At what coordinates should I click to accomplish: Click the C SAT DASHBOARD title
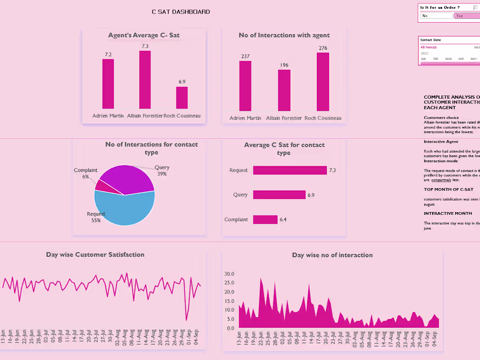tap(181, 12)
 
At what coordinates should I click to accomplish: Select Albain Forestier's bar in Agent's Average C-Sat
tap(145, 80)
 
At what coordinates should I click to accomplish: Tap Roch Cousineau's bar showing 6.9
tap(182, 98)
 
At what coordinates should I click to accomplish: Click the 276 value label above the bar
tap(323, 48)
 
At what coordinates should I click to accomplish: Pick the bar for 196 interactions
tap(284, 90)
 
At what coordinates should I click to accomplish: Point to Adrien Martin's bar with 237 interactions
tap(245, 86)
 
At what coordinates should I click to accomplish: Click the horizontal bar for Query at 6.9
tap(279, 195)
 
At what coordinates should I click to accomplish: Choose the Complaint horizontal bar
tap(265, 219)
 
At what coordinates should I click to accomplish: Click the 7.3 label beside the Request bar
tap(332, 170)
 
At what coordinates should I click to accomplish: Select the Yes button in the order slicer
tap(466, 16)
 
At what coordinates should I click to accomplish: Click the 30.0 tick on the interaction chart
tap(230, 274)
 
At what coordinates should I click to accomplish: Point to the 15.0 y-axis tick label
tap(230, 301)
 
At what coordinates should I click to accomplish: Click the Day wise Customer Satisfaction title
tap(95, 254)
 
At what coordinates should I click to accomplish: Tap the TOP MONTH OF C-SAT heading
tap(449, 189)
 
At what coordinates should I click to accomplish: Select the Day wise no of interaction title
tap(332, 255)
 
